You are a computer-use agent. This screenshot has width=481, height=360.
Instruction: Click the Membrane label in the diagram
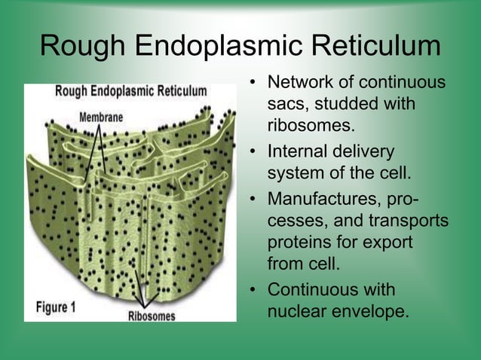point(101,117)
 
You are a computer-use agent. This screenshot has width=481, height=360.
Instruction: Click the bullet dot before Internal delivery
point(255,151)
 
